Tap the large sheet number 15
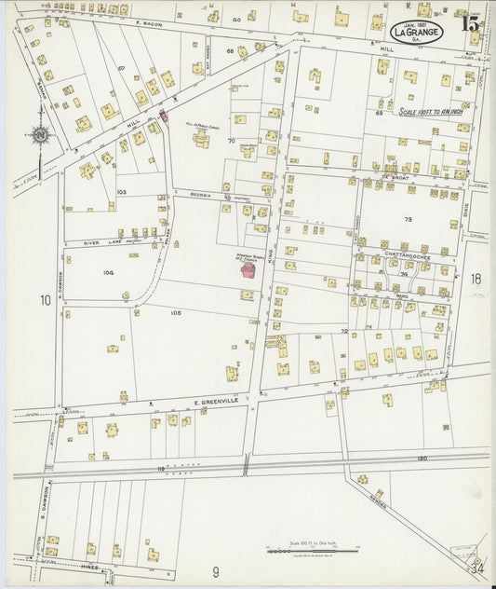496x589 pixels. point(470,22)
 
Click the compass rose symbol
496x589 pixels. point(40,136)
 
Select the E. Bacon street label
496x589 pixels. point(149,21)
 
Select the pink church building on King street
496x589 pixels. point(249,270)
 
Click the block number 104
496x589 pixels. point(109,273)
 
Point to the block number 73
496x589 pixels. point(406,220)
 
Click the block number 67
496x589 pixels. point(121,69)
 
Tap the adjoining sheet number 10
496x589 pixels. point(45,300)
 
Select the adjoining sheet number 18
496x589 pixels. point(476,279)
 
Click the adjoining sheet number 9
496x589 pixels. point(215,570)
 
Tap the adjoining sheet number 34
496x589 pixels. point(476,567)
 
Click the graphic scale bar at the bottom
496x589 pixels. point(306,551)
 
